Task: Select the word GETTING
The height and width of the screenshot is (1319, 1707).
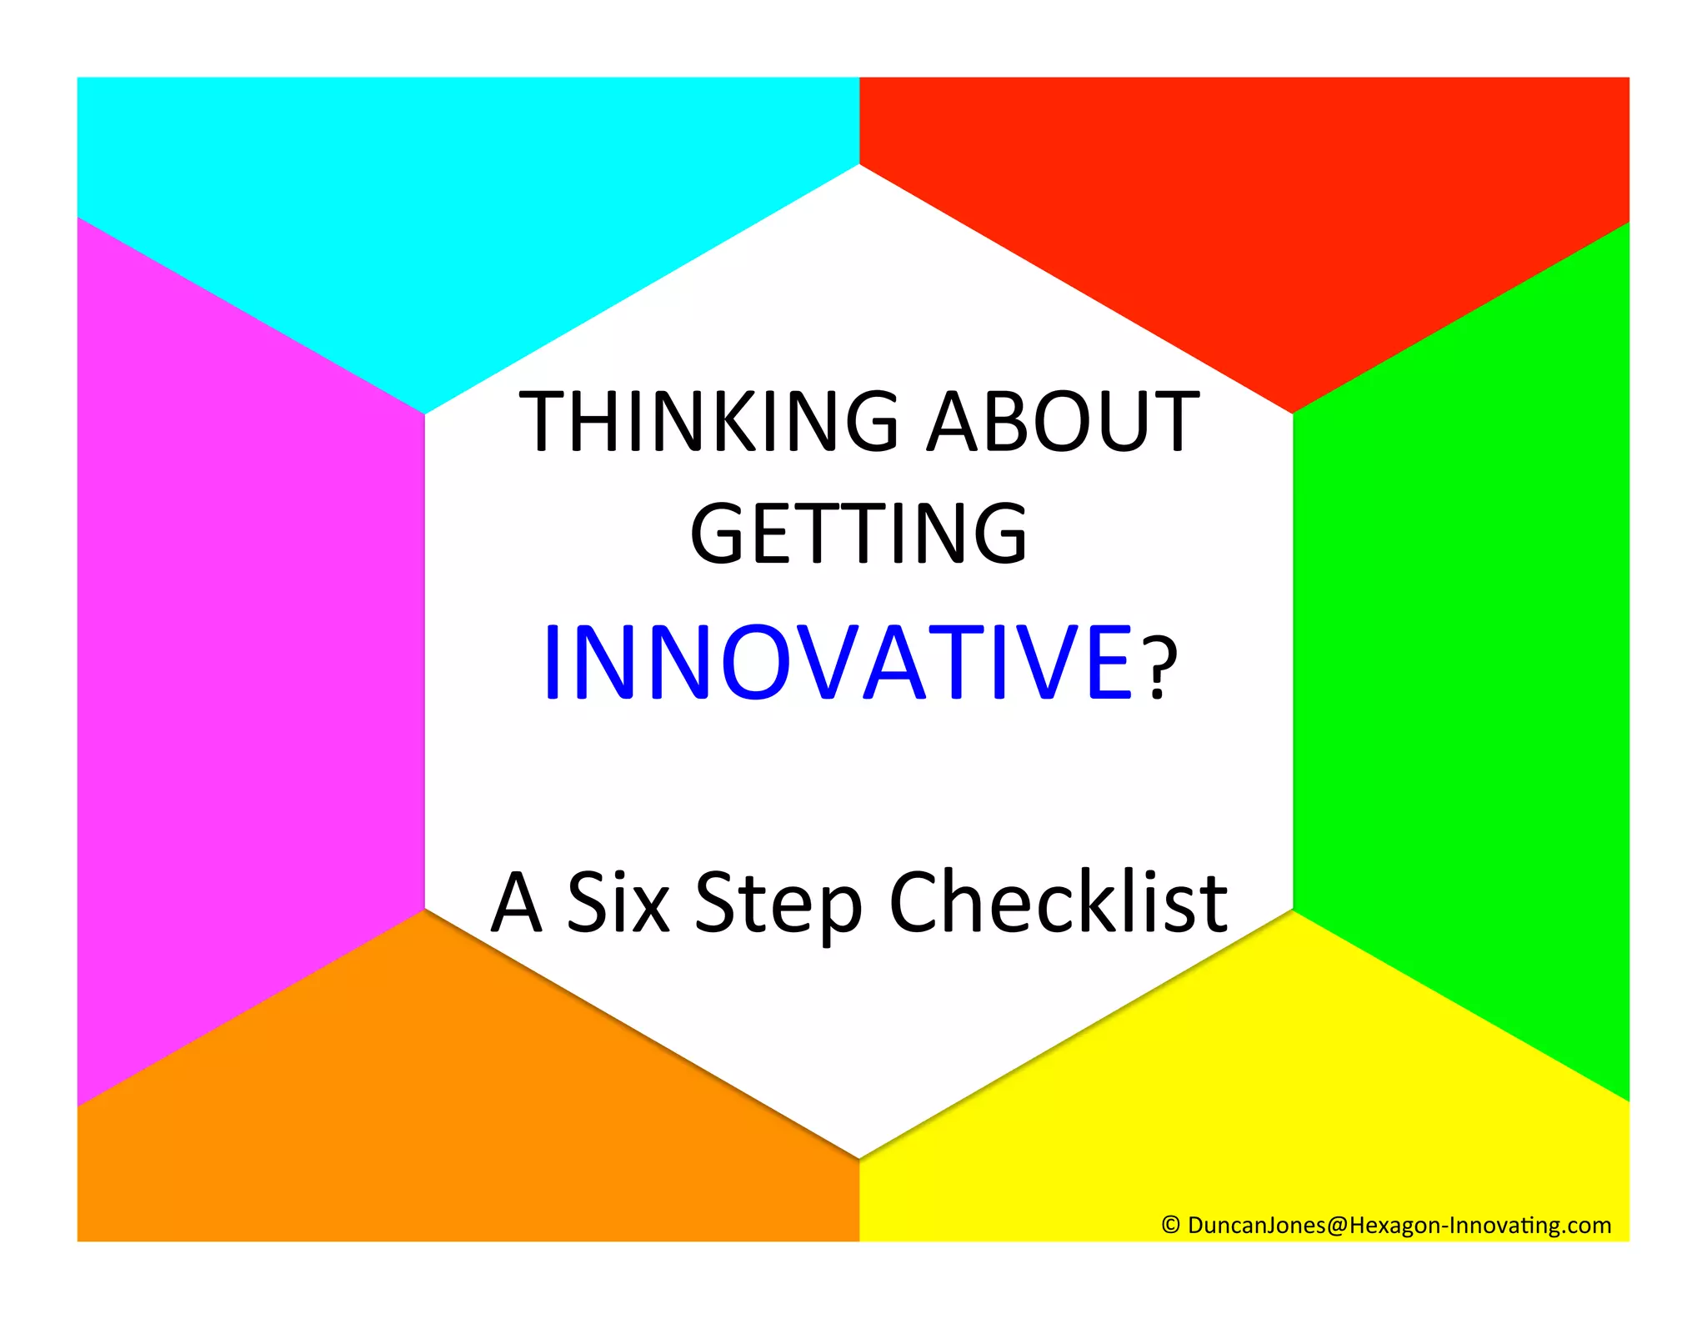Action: tap(859, 534)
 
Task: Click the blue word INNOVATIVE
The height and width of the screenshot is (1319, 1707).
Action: tap(838, 663)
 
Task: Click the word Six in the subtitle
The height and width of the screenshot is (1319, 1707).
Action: tap(618, 902)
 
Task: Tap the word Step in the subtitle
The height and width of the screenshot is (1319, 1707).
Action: tap(778, 905)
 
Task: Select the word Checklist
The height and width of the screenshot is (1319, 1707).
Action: tap(1059, 902)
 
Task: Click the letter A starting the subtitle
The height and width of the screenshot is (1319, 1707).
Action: tap(517, 902)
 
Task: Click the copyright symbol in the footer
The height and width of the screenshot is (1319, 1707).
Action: tap(1170, 1224)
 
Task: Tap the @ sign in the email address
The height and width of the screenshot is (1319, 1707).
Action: tap(1337, 1225)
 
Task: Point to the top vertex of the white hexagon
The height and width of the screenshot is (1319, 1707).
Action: tap(859, 165)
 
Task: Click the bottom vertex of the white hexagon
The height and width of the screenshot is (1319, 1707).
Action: tap(859, 1157)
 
